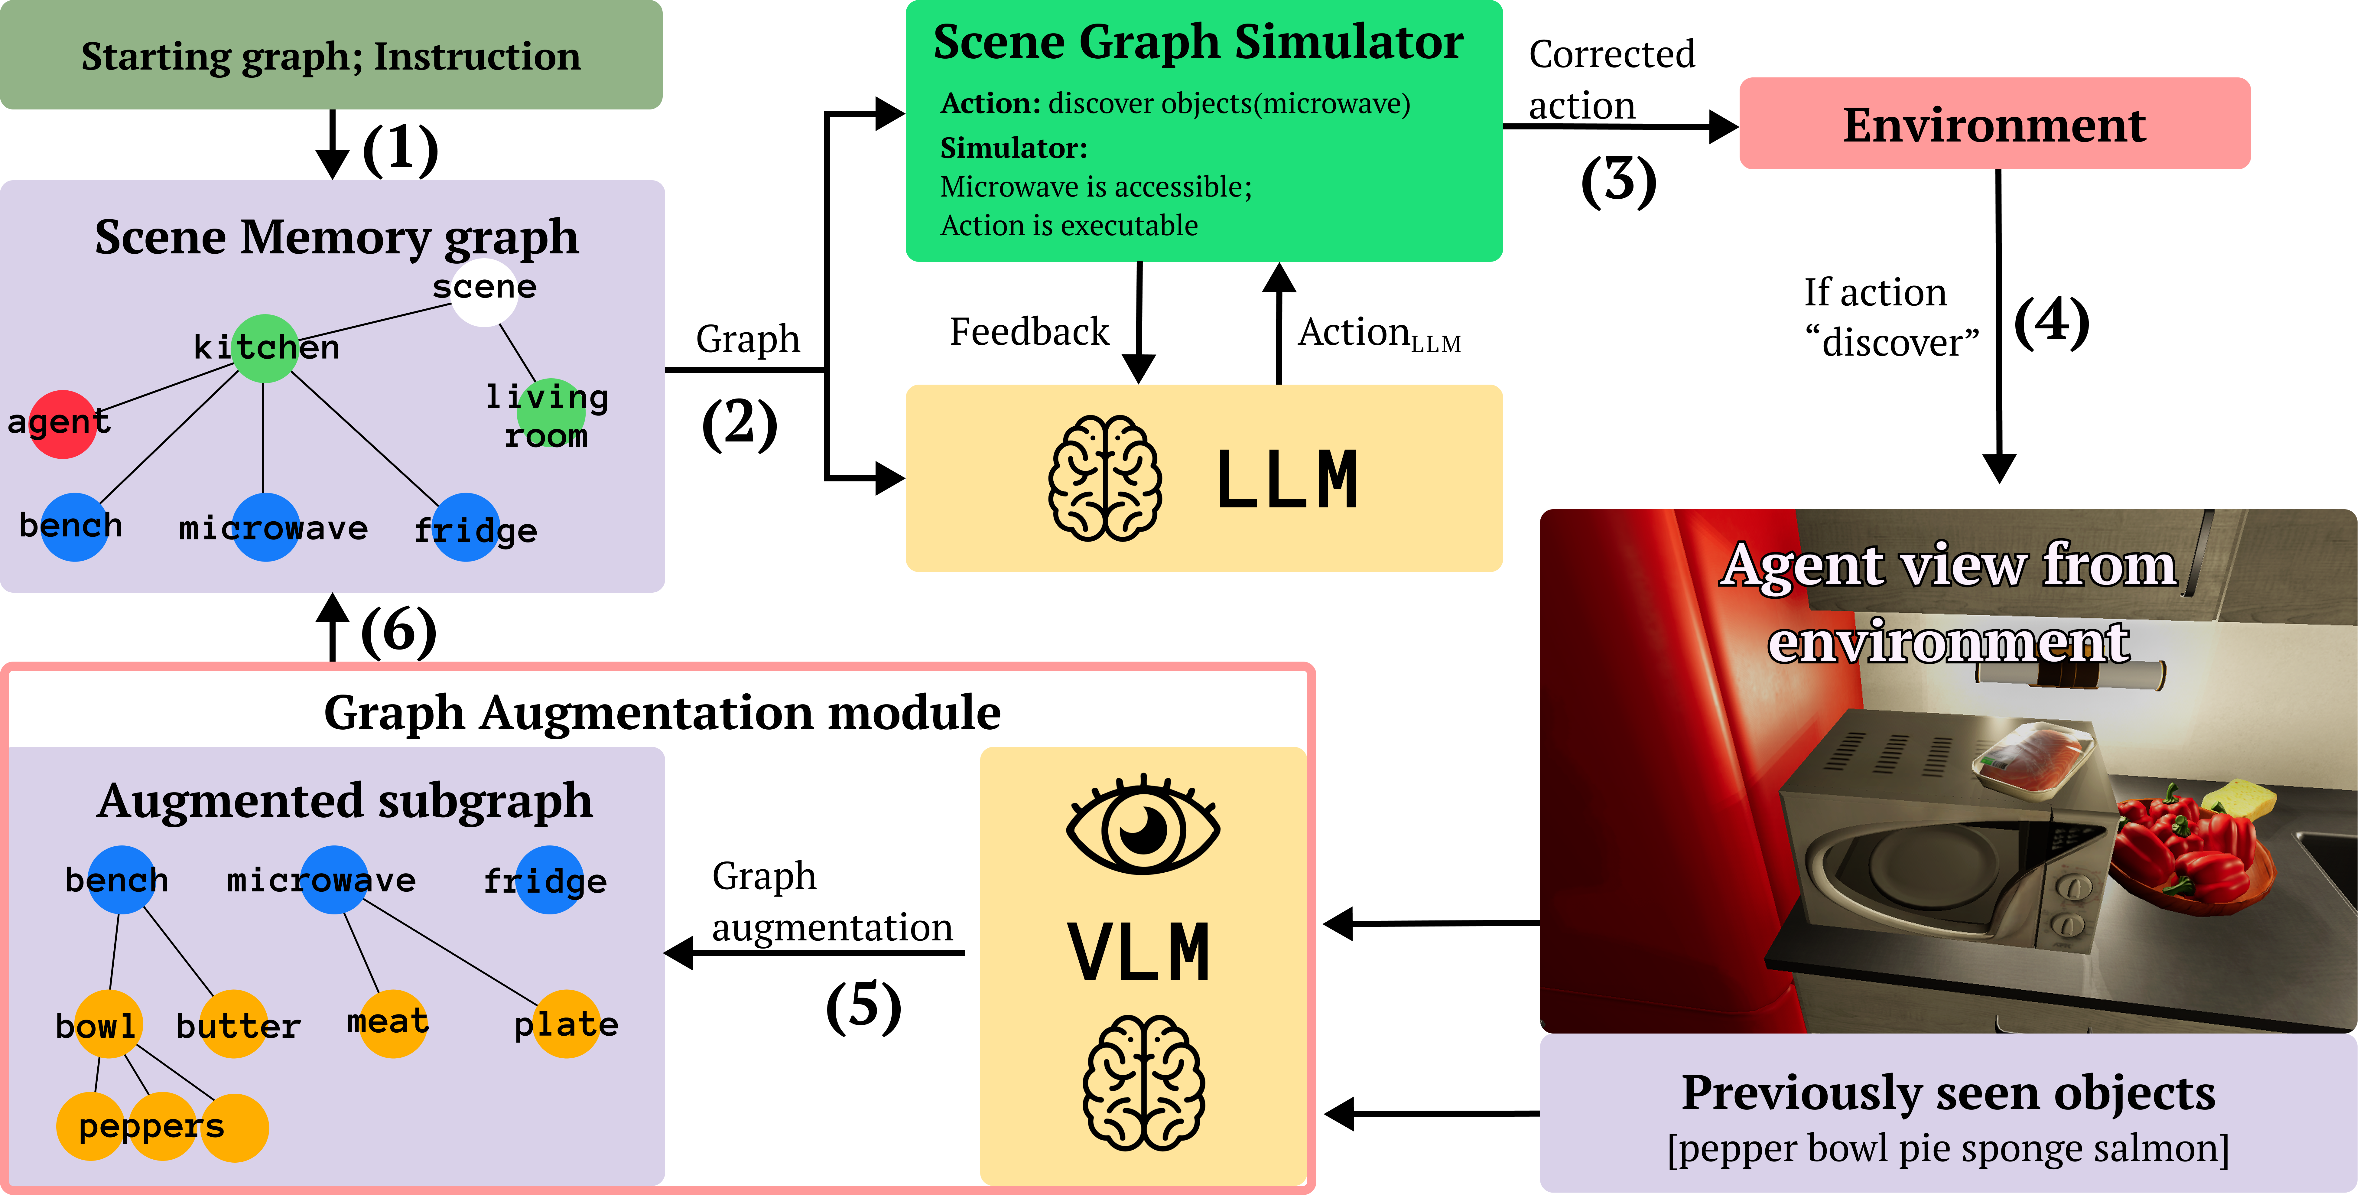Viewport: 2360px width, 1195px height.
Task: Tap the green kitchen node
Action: (x=265, y=348)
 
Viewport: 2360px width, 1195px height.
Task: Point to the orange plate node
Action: (x=566, y=1024)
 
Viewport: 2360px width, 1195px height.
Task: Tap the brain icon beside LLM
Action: (x=1105, y=478)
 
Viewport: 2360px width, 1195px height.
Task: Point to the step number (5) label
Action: (x=863, y=1005)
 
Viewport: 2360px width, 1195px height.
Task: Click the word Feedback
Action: (x=1029, y=332)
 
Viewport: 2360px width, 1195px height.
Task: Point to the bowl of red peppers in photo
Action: (x=2189, y=848)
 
